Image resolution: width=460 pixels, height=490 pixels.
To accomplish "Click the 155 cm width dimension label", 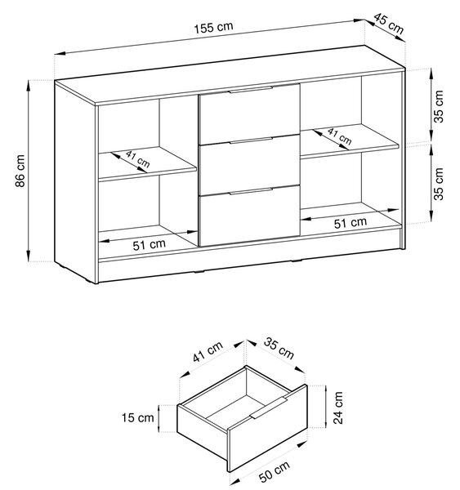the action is (x=213, y=27).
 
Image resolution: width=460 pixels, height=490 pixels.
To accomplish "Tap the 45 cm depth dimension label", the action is (x=389, y=24).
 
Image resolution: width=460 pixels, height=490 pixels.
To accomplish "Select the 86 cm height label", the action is (x=20, y=171).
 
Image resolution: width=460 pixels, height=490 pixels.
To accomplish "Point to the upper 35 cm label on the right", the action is (x=439, y=106).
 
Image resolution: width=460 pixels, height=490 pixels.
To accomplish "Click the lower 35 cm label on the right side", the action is (x=439, y=184).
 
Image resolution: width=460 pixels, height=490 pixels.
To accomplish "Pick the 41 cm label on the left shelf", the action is (x=138, y=158).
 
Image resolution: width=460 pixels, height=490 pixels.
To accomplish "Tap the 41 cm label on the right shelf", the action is (x=340, y=136).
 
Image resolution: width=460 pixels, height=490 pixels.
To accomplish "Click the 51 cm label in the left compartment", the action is (x=149, y=245).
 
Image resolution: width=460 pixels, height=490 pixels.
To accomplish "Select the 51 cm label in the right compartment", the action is (x=351, y=222).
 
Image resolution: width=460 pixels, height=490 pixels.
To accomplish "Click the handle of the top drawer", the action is (x=251, y=90).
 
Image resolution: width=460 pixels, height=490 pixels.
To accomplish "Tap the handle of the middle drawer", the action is (x=251, y=140).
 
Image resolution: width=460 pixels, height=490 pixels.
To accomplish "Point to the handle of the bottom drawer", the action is (x=251, y=191).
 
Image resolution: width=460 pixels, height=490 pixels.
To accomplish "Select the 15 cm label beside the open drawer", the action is (x=137, y=417).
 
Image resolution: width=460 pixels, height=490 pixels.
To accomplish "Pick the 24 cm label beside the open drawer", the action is (x=338, y=408).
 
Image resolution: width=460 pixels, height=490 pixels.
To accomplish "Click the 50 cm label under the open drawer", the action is (x=275, y=472).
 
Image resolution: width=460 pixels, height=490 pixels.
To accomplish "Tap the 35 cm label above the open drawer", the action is (x=279, y=348).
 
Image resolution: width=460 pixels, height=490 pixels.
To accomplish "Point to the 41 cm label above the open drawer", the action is (x=208, y=351).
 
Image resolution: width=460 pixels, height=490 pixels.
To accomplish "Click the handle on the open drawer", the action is (x=269, y=408).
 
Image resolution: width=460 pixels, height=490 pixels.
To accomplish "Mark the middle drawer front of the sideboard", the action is (x=249, y=165).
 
